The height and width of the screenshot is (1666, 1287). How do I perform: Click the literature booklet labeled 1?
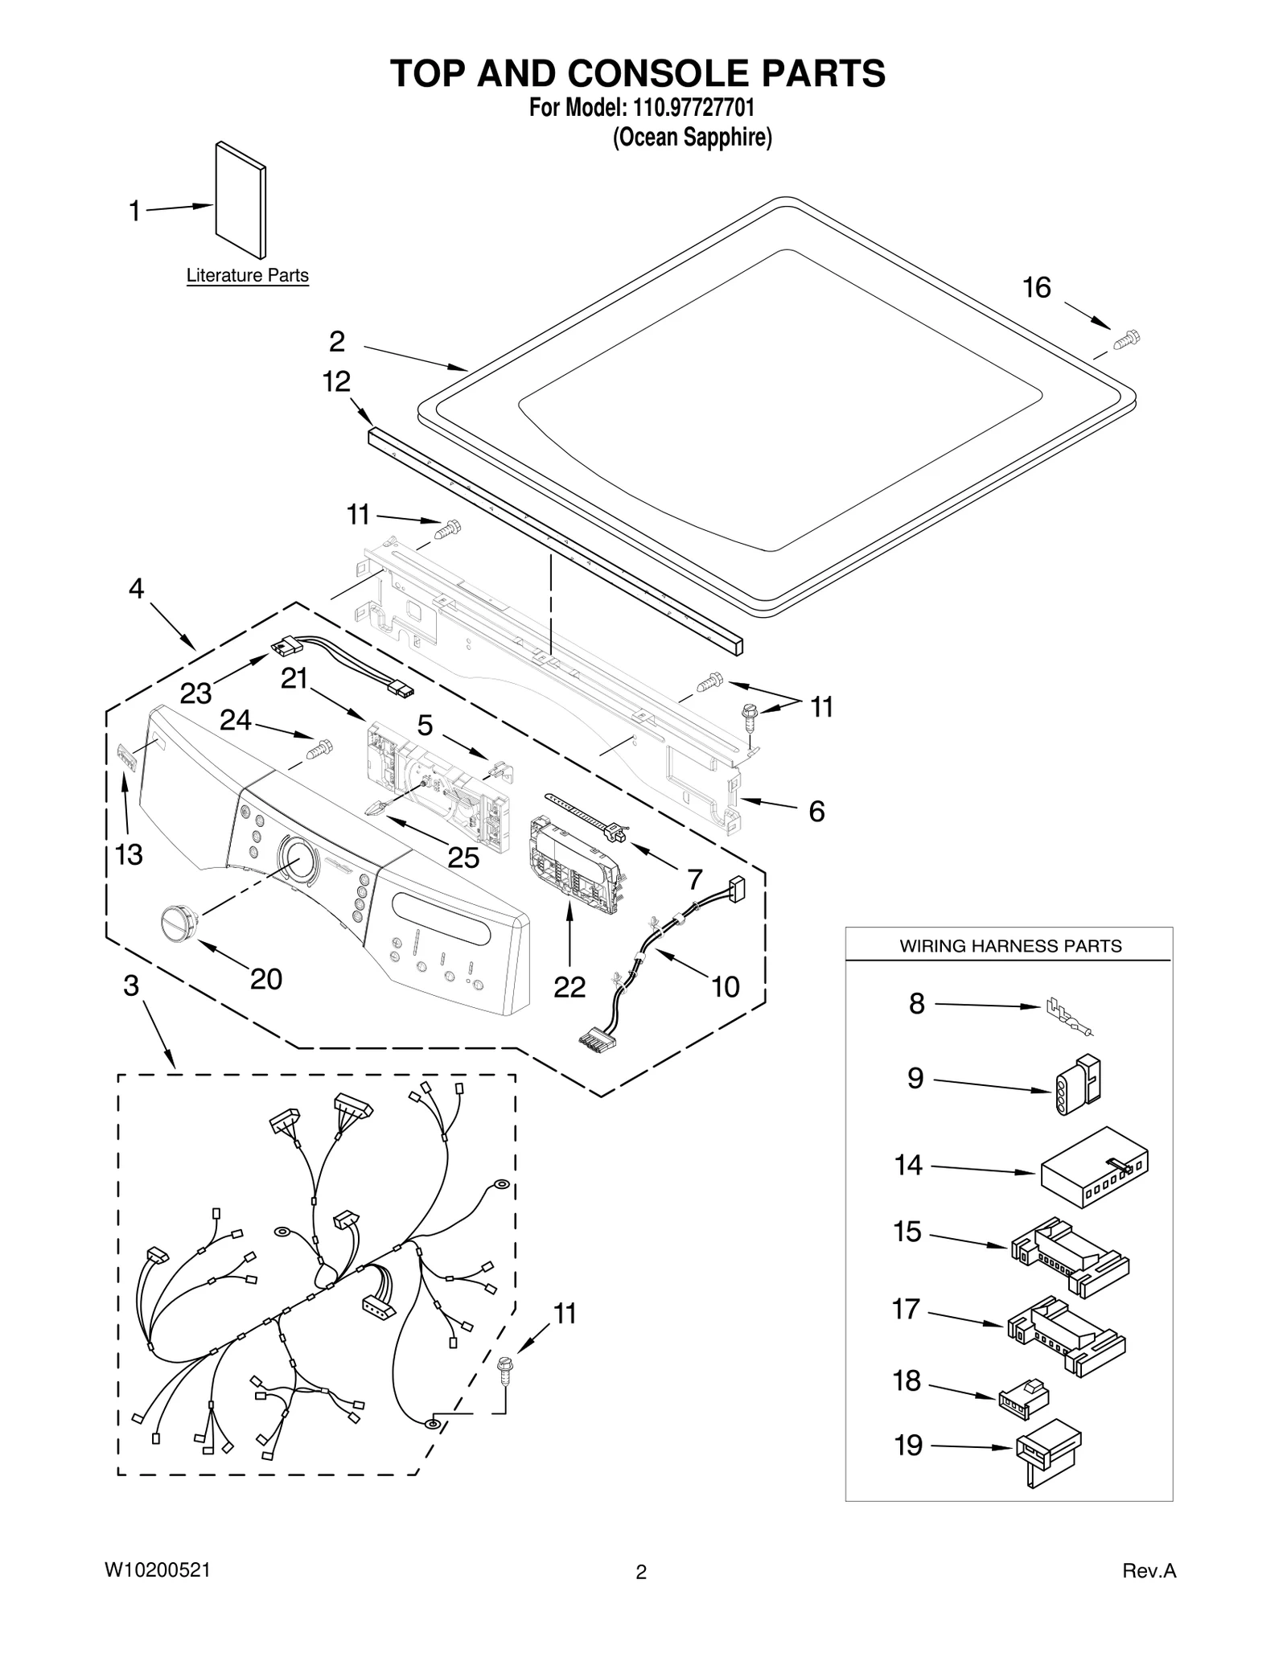[x=240, y=200]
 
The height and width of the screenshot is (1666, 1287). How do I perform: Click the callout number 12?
[x=336, y=381]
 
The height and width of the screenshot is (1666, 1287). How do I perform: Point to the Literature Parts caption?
[x=247, y=275]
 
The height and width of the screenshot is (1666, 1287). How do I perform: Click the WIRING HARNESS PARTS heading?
[x=1009, y=946]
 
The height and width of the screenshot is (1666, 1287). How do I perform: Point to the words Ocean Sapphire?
[x=692, y=138]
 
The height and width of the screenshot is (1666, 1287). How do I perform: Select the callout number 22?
[x=569, y=986]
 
